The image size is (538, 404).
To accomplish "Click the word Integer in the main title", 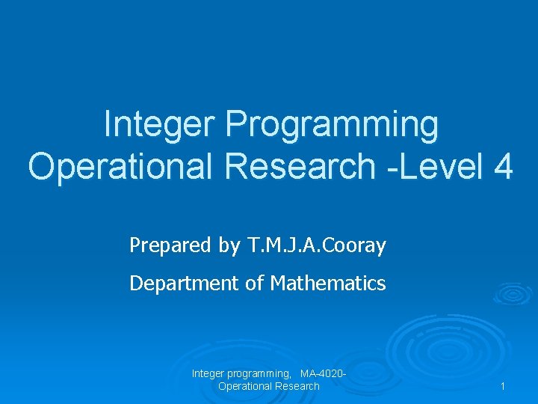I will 153,125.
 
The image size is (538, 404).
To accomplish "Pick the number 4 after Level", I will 504,166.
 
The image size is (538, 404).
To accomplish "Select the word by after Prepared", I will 229,245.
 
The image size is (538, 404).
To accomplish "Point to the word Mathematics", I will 328,284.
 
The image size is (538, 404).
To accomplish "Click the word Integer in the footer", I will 207,373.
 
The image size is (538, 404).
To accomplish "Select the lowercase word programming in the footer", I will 259,373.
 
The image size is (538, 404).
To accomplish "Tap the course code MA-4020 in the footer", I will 322,373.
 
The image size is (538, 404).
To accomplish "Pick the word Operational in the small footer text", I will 244,386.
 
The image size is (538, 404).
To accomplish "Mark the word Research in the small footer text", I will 297,386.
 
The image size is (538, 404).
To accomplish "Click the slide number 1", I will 503,387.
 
